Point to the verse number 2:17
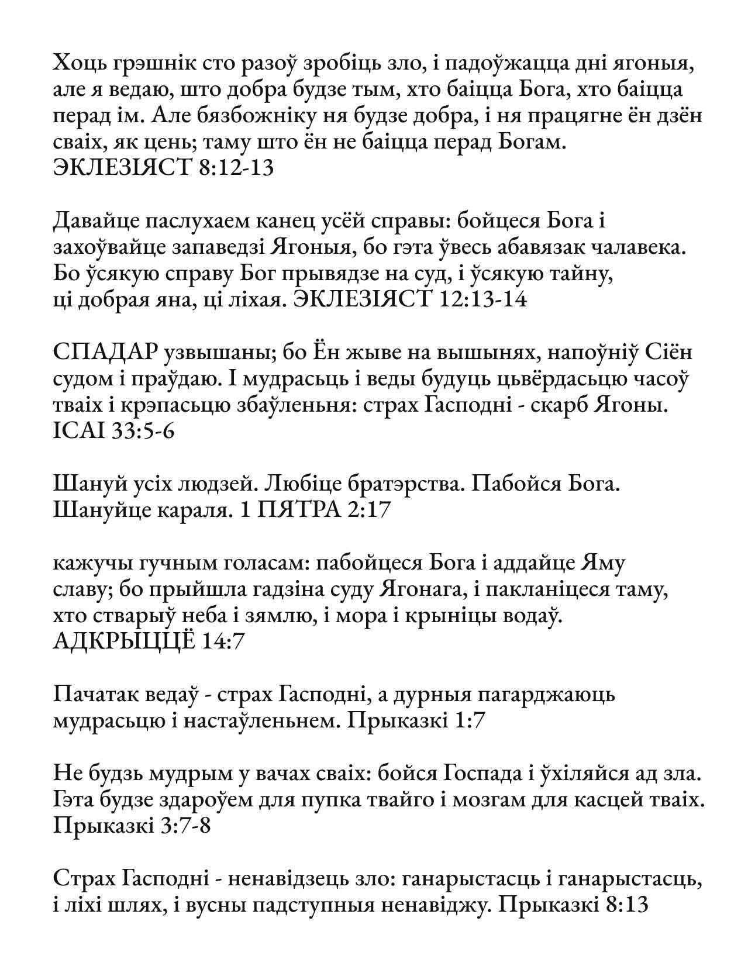[x=368, y=511]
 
